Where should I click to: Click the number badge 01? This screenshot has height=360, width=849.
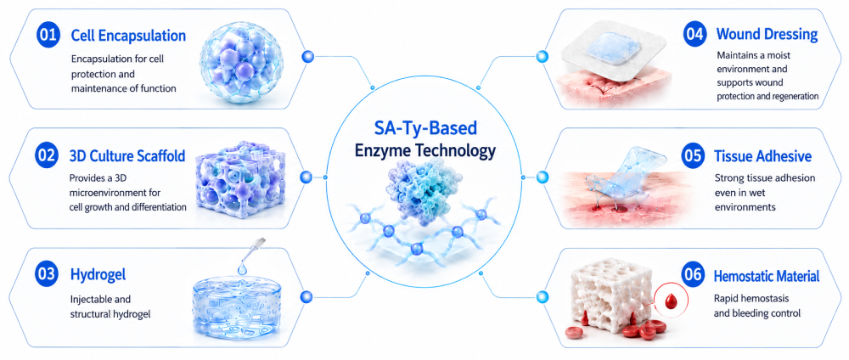point(47,36)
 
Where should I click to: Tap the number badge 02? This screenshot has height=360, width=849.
point(47,156)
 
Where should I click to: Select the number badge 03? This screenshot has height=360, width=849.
point(47,274)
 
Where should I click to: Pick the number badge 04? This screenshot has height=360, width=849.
point(695,34)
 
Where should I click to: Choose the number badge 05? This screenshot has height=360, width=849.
point(695,156)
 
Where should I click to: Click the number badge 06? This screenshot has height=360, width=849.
point(695,276)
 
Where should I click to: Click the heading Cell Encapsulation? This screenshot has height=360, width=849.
point(128,37)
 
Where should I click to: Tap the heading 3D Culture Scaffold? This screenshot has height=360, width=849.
point(127,156)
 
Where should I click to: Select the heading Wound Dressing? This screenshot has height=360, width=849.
point(767,35)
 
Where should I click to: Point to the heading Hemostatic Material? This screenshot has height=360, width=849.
point(767,277)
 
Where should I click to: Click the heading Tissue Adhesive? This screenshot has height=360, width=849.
point(763,156)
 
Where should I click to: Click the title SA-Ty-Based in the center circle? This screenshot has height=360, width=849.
point(425,128)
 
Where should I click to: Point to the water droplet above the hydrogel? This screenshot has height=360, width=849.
point(241,268)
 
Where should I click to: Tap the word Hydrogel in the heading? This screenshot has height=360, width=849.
point(98,275)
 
